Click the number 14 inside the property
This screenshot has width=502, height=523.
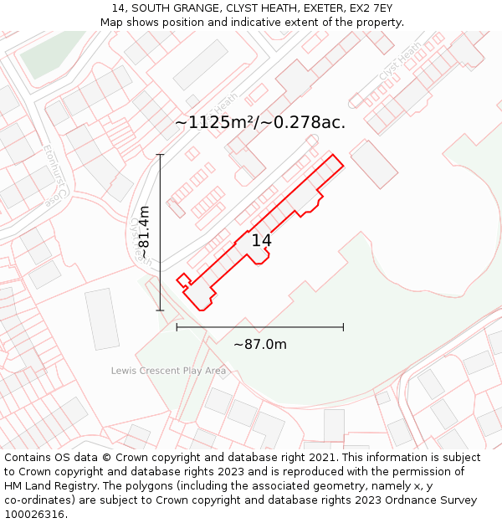(x=261, y=241)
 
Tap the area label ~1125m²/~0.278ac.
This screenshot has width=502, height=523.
(x=260, y=122)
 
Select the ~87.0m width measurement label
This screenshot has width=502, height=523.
(x=259, y=345)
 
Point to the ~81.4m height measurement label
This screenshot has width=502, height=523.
(x=143, y=232)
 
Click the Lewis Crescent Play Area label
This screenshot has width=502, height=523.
(x=168, y=370)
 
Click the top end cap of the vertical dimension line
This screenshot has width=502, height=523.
(x=160, y=155)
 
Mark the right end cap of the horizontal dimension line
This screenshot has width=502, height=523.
(x=343, y=326)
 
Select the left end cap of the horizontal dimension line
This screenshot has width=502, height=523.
(x=177, y=326)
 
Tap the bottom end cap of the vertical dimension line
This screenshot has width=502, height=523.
(x=160, y=310)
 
